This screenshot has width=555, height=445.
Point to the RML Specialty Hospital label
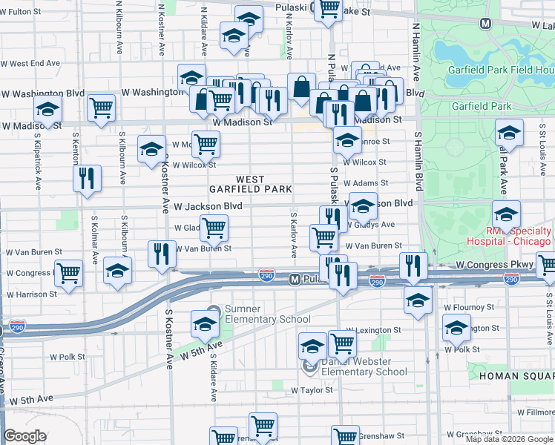click(x=508, y=236)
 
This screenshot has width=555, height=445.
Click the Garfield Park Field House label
click(x=500, y=70)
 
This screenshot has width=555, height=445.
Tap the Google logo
click(x=24, y=436)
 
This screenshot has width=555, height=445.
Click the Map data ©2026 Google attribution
click(x=509, y=439)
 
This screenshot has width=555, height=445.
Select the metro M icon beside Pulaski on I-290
click(x=294, y=280)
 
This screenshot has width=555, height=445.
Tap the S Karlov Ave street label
click(x=294, y=234)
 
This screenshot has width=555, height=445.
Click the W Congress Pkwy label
click(x=494, y=264)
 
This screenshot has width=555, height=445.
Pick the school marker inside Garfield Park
click(x=509, y=133)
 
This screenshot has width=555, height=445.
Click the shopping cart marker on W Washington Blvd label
click(x=101, y=108)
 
